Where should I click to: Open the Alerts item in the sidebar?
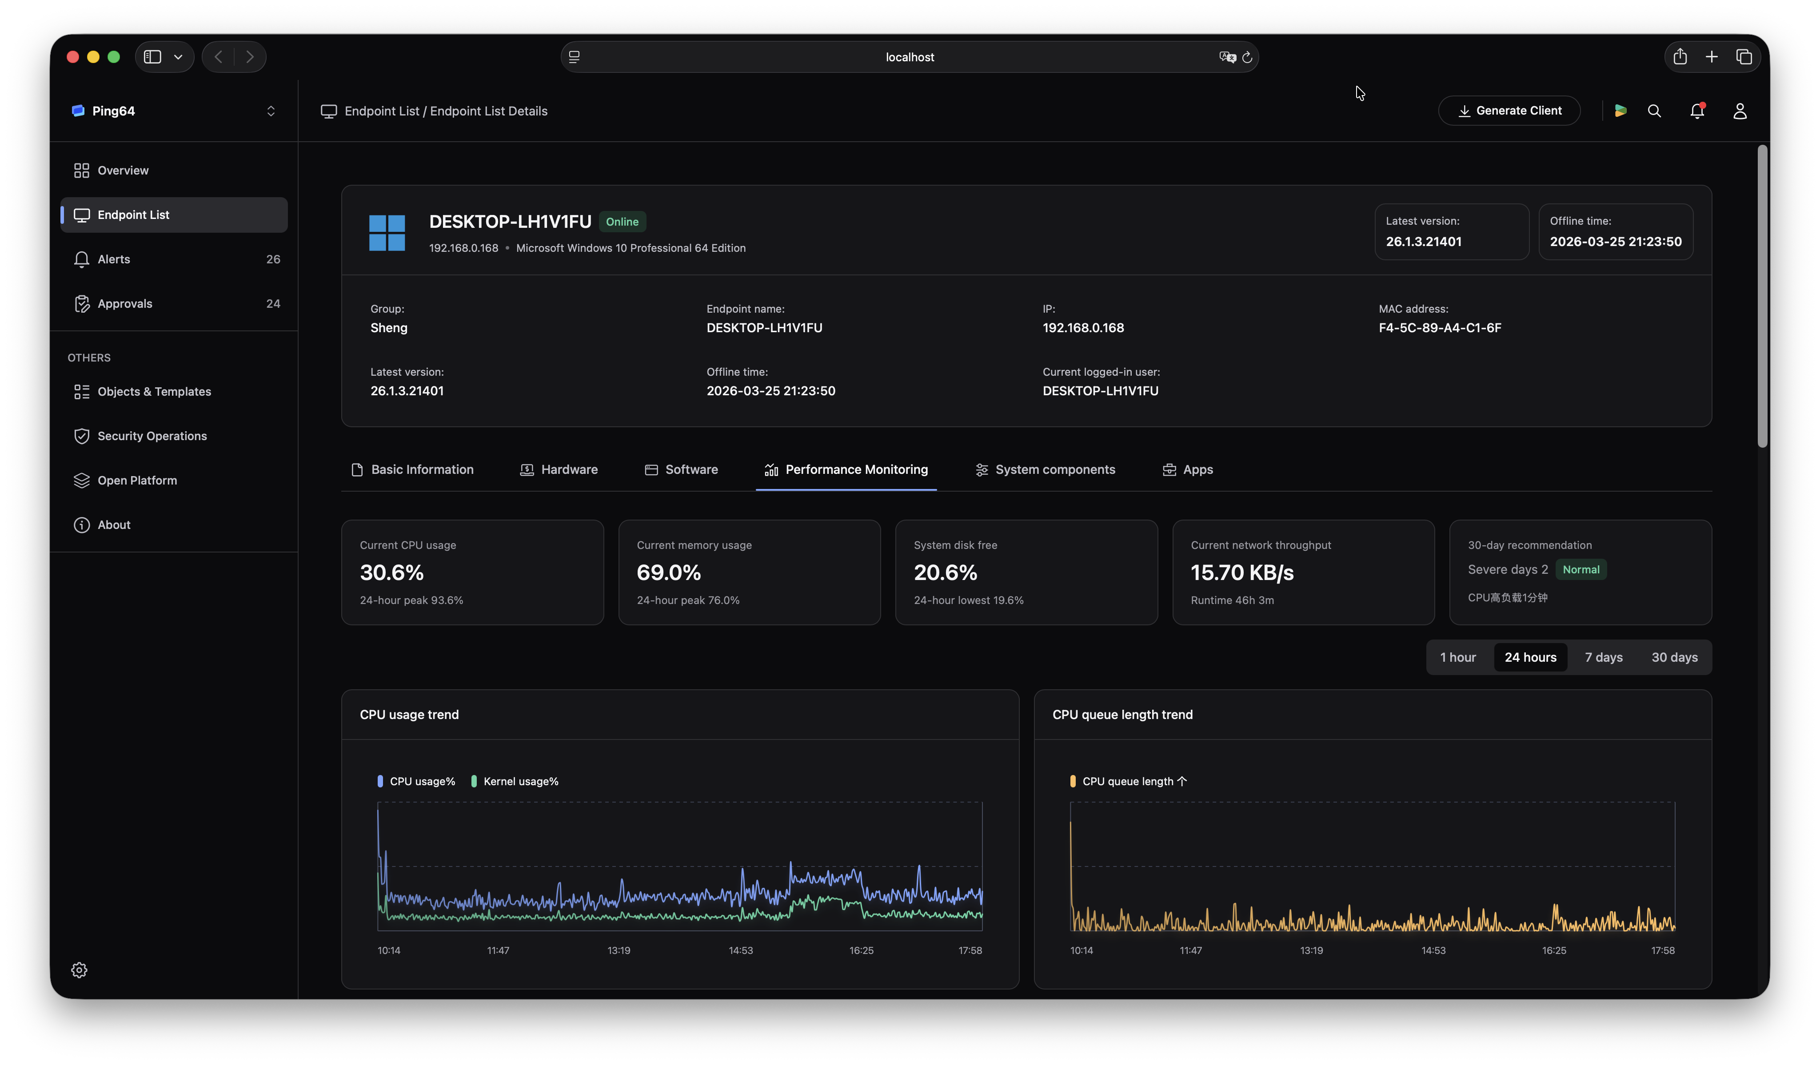tap(114, 259)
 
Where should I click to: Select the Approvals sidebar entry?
tap(124, 303)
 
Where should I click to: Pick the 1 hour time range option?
tap(1457, 657)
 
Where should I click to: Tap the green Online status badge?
tap(622, 222)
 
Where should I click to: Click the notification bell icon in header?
tap(1696, 111)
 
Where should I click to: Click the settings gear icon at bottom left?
tap(80, 970)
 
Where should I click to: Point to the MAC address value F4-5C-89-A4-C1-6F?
tap(1439, 328)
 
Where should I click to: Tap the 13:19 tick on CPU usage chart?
tap(618, 950)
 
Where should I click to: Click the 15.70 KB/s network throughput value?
tap(1241, 572)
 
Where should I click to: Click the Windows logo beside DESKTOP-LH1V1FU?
tap(387, 232)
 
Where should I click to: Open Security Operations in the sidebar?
tap(152, 436)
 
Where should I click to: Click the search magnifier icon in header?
tap(1654, 111)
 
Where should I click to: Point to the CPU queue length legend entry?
tap(1127, 781)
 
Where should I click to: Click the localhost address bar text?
tap(909, 57)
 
